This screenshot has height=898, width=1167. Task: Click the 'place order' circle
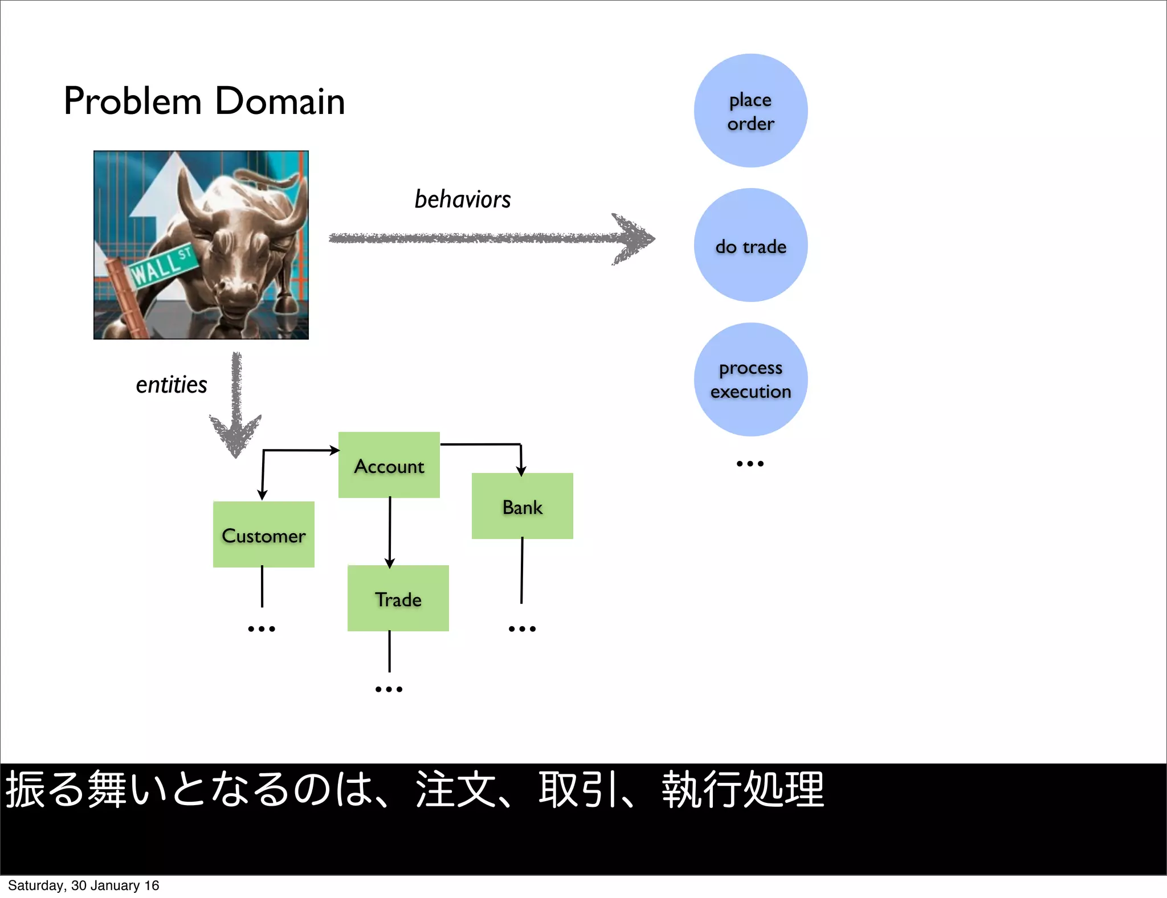(750, 111)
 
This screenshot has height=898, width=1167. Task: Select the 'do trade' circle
(750, 246)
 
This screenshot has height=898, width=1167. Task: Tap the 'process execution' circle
(750, 379)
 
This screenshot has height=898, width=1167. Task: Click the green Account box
(389, 465)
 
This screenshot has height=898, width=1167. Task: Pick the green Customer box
(263, 534)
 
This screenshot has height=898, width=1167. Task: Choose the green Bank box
(523, 506)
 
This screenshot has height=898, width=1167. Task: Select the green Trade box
(398, 598)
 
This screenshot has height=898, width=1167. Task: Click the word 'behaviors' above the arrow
(462, 199)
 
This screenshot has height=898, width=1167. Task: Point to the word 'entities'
(171, 385)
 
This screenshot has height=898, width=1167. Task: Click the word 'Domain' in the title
(279, 101)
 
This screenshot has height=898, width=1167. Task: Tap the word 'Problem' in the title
(132, 101)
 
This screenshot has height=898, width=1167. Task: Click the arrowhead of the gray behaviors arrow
(634, 239)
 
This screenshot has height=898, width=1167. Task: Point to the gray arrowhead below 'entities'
(236, 435)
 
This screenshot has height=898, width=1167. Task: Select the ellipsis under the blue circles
(750, 464)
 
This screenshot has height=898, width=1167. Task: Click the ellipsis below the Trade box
(389, 689)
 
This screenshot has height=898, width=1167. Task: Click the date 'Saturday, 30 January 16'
(83, 885)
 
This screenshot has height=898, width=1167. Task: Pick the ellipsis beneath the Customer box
(262, 629)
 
